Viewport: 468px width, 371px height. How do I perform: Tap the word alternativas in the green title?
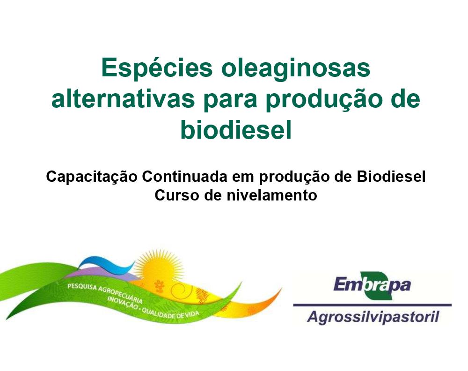(123, 99)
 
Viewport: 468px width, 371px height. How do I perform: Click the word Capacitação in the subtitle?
(92, 177)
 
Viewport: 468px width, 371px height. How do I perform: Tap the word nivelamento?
(272, 195)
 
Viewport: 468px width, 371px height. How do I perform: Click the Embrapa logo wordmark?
(372, 285)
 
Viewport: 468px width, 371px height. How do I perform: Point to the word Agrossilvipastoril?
(373, 317)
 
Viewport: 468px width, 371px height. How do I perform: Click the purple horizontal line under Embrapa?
(372, 305)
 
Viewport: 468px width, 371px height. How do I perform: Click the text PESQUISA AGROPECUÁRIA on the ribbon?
(105, 292)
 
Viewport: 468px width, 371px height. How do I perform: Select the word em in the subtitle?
(243, 178)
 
